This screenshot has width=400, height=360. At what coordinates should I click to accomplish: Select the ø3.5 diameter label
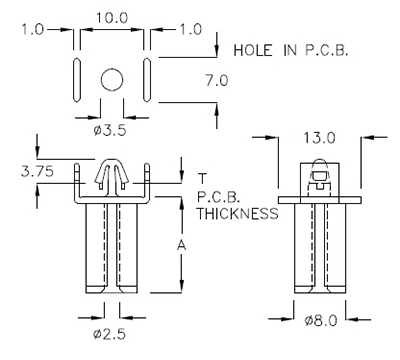click(x=110, y=129)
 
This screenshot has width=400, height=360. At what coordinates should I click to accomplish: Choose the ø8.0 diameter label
click(x=320, y=322)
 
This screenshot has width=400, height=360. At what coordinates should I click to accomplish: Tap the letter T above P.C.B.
click(x=203, y=176)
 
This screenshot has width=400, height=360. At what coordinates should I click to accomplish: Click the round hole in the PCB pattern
click(x=112, y=78)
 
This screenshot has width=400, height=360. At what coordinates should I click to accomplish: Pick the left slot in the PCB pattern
click(x=76, y=78)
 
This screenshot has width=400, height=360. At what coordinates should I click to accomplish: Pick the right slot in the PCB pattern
click(x=148, y=78)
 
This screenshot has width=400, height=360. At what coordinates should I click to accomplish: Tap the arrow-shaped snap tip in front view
click(x=112, y=174)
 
